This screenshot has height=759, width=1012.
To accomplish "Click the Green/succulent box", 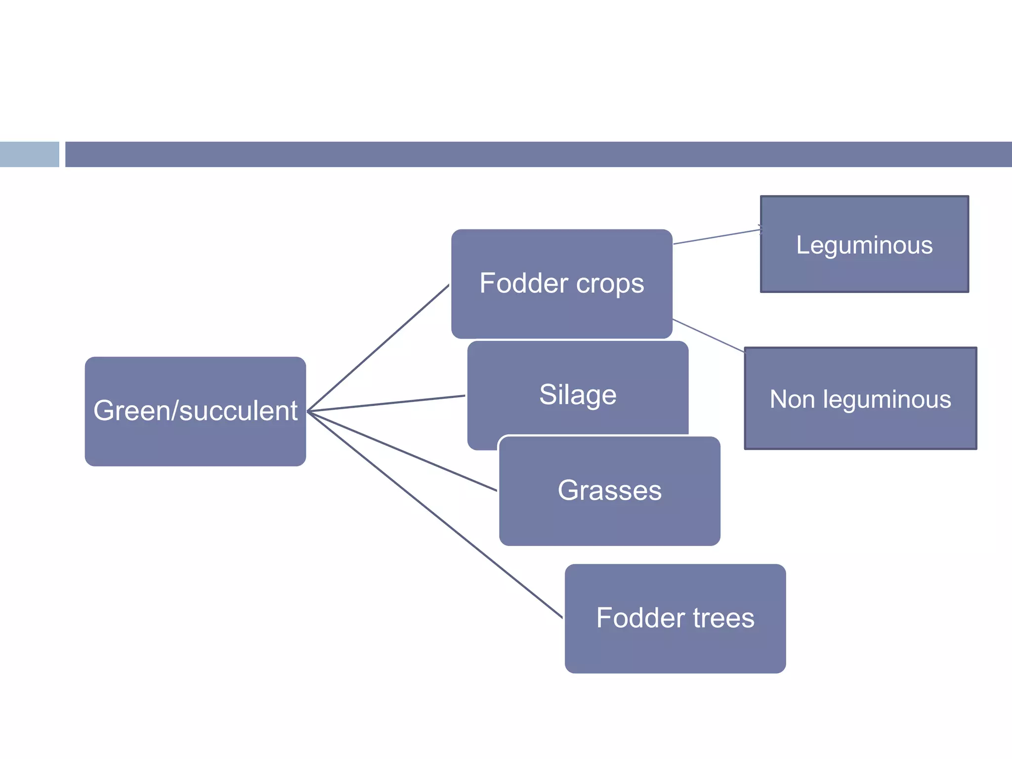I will coord(195,411).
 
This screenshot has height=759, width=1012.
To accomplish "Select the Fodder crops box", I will coord(561,284).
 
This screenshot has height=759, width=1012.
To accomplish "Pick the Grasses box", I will coord(609,491).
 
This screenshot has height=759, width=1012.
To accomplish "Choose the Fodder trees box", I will coord(675,618).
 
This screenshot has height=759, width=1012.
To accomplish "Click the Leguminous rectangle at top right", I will coord(864,245).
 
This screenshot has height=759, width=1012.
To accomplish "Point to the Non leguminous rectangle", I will coord(860,398).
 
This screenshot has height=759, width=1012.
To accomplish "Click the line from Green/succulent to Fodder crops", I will coord(378,348).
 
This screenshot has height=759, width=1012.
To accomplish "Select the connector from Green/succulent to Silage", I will coord(385,403).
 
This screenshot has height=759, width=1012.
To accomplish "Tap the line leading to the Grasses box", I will coord(401,451).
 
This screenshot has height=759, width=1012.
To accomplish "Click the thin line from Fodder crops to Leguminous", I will coord(717,237).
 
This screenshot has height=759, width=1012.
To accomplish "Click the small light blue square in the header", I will coord(29,154).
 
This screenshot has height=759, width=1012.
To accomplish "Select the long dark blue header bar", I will coord(538,154).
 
